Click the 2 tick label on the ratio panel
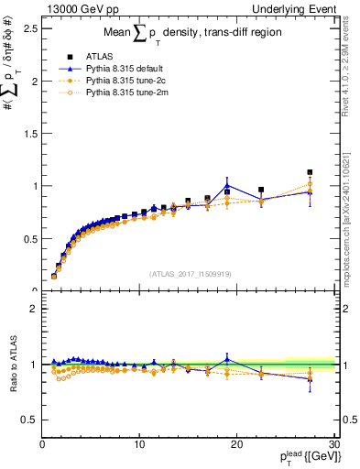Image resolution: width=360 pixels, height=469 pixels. [33, 309]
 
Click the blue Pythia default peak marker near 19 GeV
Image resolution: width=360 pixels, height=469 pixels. [227, 186]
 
